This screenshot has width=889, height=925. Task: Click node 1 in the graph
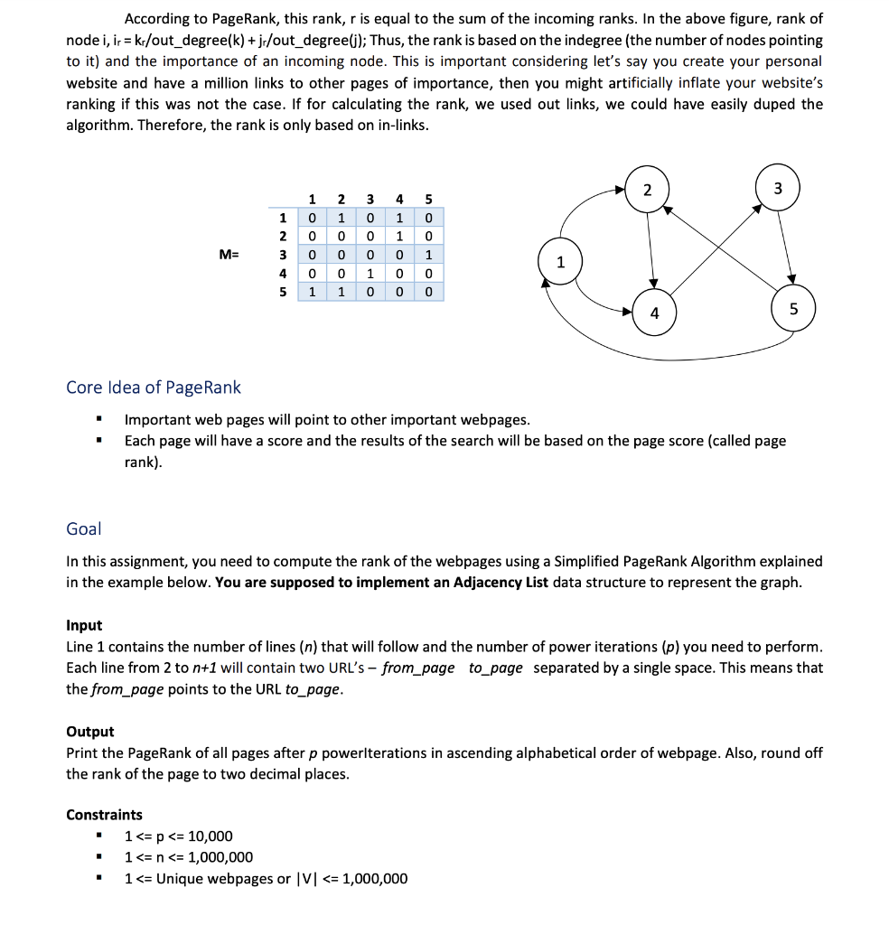(560, 263)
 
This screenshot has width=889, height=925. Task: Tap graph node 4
(654, 313)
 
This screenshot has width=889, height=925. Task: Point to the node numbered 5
(793, 309)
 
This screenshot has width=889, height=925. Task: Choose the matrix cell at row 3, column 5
(428, 255)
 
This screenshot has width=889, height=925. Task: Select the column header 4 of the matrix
(399, 199)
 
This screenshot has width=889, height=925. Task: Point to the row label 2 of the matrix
(283, 236)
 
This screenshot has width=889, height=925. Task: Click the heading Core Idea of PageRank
(154, 388)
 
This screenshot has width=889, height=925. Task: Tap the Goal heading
(84, 528)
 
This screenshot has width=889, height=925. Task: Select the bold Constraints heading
(104, 815)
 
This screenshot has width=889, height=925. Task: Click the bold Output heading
(90, 732)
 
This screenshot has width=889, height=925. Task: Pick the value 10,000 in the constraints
(210, 836)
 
